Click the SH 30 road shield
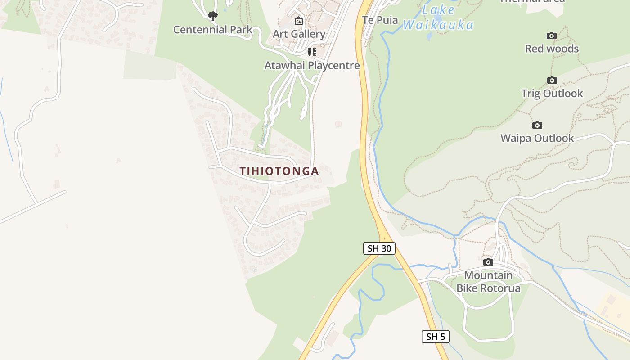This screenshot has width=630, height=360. click(x=379, y=248)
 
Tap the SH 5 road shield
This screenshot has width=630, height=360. click(x=436, y=336)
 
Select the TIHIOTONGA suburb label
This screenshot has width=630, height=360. click(x=279, y=171)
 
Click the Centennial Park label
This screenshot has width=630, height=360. click(x=213, y=30)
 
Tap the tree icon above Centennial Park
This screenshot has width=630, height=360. click(x=213, y=17)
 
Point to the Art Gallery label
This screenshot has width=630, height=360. click(x=299, y=34)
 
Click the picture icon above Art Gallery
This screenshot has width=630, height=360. click(x=299, y=21)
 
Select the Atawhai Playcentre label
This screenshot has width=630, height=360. click(x=312, y=65)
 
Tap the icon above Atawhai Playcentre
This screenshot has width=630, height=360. click(x=312, y=52)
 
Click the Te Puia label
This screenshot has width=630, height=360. click(x=380, y=20)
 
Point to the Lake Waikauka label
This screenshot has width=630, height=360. click(x=438, y=17)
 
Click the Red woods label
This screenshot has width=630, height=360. click(x=552, y=49)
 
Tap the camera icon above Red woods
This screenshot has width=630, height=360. click(x=552, y=36)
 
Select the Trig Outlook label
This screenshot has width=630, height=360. click(x=552, y=94)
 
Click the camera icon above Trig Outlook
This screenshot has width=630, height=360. click(x=552, y=81)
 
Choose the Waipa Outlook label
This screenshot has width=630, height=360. click(x=537, y=138)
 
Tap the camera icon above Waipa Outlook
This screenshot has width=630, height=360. click(x=537, y=125)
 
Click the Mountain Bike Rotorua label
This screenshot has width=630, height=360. click(x=488, y=281)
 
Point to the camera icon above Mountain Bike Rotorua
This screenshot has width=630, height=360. click(x=488, y=262)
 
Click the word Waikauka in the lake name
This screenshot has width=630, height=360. click(x=438, y=25)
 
